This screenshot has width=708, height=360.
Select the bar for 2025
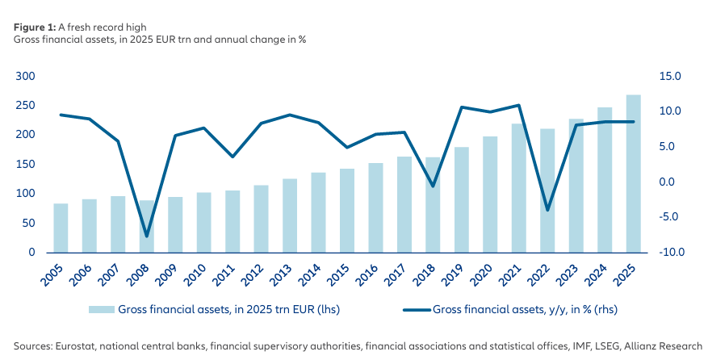633,174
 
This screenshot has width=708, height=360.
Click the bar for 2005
61,228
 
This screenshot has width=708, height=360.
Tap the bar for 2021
519,188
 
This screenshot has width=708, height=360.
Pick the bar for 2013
290,216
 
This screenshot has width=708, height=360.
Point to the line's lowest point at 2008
147,237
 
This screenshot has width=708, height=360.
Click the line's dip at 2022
547,210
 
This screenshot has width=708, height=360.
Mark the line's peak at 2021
519,105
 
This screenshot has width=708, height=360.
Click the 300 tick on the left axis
26,76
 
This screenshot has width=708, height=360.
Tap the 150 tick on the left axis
26,164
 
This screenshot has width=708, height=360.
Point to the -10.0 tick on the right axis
672,252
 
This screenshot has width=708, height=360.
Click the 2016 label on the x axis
367,275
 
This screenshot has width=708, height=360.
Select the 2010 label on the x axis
195,275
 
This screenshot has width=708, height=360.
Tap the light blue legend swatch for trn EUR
101,309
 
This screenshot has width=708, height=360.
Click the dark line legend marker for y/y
416,309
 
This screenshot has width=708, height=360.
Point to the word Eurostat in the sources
74,346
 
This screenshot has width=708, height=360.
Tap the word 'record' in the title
104,27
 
